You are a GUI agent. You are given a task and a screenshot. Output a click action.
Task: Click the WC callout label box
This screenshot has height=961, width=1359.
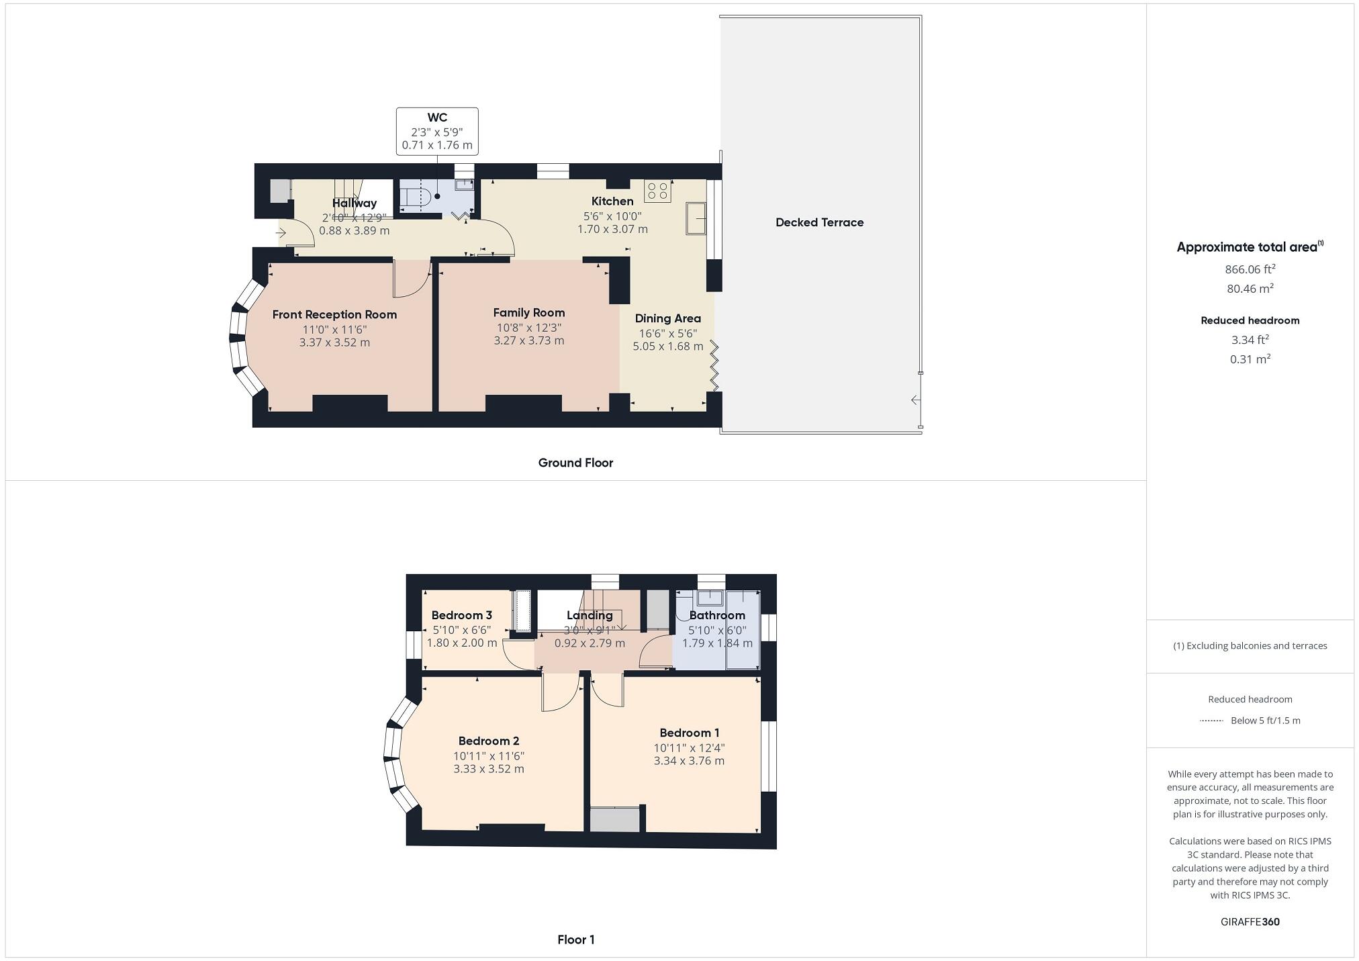click(x=437, y=132)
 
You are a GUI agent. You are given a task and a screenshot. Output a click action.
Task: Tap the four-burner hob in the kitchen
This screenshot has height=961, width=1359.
click(x=657, y=191)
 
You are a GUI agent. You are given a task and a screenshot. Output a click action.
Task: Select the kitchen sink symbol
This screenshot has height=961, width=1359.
click(x=696, y=218)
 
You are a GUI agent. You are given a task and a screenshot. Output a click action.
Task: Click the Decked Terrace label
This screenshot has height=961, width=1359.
click(x=819, y=222)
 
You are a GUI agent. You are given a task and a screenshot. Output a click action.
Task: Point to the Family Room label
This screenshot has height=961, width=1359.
click(x=528, y=312)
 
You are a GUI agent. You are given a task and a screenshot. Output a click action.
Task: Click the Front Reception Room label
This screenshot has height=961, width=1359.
click(x=334, y=314)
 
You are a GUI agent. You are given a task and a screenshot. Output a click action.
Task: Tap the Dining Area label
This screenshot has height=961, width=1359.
click(x=667, y=318)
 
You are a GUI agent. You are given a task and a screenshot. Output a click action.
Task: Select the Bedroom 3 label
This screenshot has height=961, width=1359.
click(x=461, y=615)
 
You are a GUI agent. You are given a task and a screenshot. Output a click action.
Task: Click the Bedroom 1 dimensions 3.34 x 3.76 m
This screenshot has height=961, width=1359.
click(x=689, y=761)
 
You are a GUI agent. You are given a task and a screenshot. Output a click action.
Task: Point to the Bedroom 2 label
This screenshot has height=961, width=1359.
click(x=488, y=741)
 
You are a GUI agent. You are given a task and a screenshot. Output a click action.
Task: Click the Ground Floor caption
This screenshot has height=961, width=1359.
click(x=575, y=463)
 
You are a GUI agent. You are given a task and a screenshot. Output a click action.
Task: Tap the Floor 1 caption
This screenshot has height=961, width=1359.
click(x=575, y=940)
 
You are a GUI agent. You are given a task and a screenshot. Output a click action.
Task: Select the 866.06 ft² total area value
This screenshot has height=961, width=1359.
click(x=1250, y=269)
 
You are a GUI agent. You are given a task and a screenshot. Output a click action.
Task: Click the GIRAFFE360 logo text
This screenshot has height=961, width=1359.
click(x=1250, y=922)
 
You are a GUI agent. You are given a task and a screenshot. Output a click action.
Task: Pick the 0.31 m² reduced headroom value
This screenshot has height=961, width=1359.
click(x=1250, y=359)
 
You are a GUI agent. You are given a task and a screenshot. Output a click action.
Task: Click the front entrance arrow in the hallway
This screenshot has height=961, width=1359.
click(x=281, y=233)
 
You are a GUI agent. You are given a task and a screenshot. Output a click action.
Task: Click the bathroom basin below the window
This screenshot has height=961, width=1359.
click(x=709, y=597)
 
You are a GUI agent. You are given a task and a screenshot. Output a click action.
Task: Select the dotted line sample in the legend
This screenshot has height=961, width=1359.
click(x=1211, y=721)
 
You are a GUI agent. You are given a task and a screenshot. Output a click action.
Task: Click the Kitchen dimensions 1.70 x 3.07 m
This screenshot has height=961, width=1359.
click(x=612, y=229)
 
